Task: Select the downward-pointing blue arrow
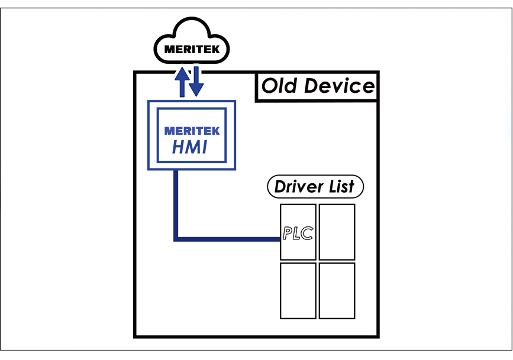(x=197, y=82)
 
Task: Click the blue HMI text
(x=190, y=147)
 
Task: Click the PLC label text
(x=297, y=233)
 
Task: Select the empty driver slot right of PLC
(x=337, y=232)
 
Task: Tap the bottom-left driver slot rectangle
(x=298, y=291)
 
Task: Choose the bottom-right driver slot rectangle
(x=337, y=291)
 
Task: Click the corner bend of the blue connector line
(x=176, y=239)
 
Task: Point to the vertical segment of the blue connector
(x=176, y=204)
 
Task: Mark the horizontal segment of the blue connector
(x=228, y=239)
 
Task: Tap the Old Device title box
(x=318, y=87)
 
